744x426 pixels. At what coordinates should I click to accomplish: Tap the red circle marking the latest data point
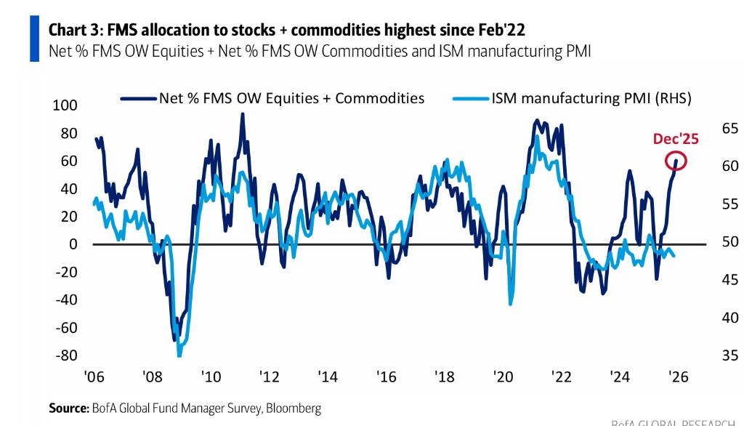[x=676, y=162]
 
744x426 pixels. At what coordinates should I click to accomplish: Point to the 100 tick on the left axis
[x=65, y=105]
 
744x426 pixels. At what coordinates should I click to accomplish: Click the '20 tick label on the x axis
[x=503, y=377]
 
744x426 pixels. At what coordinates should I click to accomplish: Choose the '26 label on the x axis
[x=679, y=377]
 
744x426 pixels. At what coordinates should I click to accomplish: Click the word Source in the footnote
[x=68, y=408]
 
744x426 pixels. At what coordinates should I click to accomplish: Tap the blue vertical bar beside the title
[x=34, y=39]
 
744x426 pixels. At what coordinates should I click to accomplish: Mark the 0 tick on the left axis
[x=73, y=244]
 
